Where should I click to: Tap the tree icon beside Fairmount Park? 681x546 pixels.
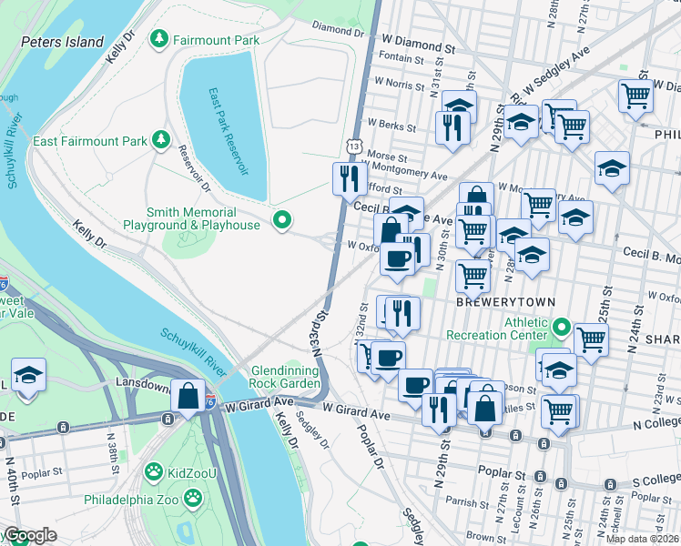coord(160,39)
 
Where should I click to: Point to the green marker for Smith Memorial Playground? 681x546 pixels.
coord(282,219)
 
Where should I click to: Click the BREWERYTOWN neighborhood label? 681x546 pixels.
coord(493,300)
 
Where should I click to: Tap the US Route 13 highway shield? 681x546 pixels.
coord(353,147)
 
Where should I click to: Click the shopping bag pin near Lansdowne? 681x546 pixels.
coord(188,397)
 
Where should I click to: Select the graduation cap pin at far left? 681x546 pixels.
coord(28,375)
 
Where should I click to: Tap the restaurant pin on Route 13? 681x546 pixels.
coord(348,179)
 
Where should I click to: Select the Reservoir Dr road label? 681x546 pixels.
coord(193,169)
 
